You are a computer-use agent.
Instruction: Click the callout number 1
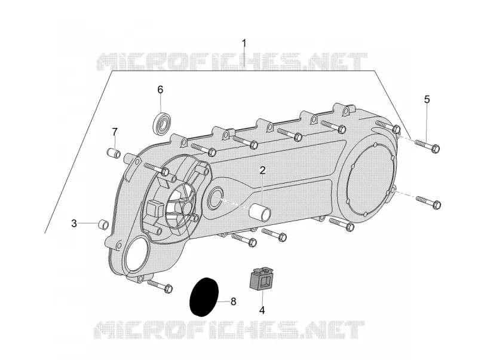[244, 43]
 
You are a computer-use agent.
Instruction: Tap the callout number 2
[262, 170]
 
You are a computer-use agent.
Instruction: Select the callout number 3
[74, 223]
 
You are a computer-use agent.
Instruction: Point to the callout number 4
[262, 310]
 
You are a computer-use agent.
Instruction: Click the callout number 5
[427, 99]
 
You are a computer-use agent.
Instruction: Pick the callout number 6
[160, 90]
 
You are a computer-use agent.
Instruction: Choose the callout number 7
[115, 132]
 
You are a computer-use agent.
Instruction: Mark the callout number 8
[233, 302]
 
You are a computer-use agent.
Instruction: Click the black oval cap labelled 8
[204, 297]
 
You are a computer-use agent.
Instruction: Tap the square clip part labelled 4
[261, 277]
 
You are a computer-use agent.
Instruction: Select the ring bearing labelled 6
[161, 123]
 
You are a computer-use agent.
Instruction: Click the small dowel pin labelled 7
[114, 152]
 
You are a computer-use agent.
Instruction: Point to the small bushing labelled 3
[103, 224]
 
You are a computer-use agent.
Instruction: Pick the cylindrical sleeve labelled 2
[260, 212]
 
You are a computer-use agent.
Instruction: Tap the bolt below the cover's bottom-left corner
[160, 285]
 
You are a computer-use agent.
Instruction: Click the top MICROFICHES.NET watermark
[232, 62]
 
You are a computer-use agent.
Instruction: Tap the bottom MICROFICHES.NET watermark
[229, 329]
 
